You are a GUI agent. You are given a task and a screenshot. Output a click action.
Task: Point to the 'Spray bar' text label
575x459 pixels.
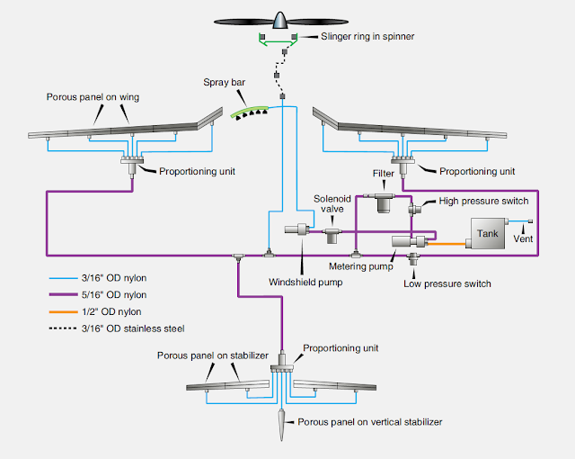(x=225, y=82)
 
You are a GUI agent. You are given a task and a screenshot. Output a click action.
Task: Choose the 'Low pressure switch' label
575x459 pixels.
(x=447, y=283)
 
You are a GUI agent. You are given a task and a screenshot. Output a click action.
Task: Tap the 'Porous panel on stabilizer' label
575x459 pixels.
(x=213, y=355)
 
